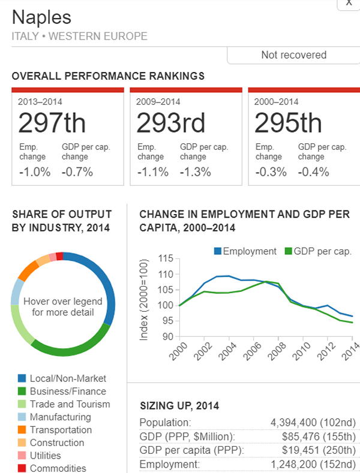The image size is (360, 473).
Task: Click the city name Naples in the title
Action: (x=41, y=17)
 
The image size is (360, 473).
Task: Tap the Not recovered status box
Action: (x=293, y=55)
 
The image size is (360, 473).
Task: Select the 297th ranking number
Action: (x=52, y=123)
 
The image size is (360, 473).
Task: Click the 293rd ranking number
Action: (x=170, y=123)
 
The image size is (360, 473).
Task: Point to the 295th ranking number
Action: (x=288, y=123)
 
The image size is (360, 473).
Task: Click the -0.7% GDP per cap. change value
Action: (x=77, y=172)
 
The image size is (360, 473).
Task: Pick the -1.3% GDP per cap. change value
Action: (x=196, y=172)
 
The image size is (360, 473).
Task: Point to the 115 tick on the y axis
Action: (x=165, y=259)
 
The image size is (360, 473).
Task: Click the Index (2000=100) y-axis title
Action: (x=144, y=300)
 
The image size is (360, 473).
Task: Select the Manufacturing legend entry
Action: (x=60, y=417)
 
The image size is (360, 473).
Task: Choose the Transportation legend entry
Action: (x=61, y=430)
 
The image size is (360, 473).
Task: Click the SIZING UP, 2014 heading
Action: (x=179, y=406)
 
